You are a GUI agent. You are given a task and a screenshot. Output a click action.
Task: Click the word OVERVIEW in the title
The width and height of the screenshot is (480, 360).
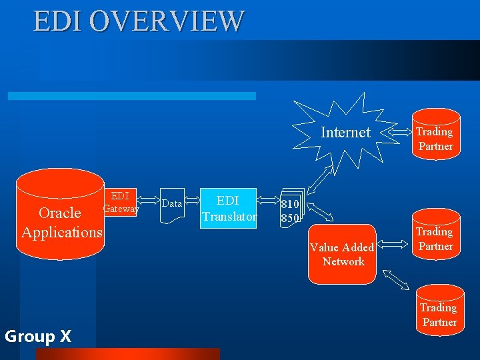pos(167,21)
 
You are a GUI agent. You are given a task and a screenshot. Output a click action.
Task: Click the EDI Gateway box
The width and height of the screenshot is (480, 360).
pos(121,203)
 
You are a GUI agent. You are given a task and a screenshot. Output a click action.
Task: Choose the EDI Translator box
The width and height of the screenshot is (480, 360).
pos(229,208)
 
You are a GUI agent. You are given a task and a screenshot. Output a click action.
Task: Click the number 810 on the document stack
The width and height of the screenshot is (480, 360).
pos(289,204)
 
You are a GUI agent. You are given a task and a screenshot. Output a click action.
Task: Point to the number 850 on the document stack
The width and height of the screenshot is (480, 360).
pos(289,218)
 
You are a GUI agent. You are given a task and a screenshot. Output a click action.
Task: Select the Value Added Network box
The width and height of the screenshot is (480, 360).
pos(343,254)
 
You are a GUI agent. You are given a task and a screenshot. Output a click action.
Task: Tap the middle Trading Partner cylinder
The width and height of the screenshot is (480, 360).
pos(435,239)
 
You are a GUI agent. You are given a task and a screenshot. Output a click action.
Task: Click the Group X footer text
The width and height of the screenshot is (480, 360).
pos(38,337)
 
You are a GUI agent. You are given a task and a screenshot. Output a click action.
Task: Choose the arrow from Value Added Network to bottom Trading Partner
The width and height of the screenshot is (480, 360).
pos(399,280)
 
